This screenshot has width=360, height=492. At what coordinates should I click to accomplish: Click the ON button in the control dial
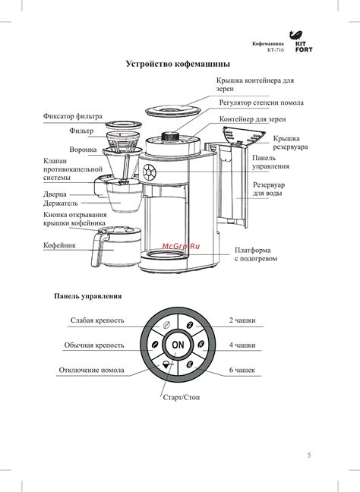coord(178,345)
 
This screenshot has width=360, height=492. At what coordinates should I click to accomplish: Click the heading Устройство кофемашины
coord(178,64)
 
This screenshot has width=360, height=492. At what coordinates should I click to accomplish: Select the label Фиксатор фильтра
coord(73,116)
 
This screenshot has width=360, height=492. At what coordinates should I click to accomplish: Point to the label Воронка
coord(83,150)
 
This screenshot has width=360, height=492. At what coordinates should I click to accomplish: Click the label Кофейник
coord(59,245)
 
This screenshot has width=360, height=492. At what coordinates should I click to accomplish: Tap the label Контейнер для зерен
coord(252,119)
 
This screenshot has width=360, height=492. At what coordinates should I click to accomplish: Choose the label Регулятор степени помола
coord(261,102)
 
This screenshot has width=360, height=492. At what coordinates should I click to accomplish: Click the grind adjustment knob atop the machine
coord(170,137)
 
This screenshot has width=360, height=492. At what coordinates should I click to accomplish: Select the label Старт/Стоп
coord(181,397)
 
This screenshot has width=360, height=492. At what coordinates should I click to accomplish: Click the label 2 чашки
coord(242,320)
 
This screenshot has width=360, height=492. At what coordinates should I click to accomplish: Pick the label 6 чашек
coord(242,370)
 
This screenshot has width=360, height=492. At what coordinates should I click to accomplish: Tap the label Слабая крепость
coord(97,320)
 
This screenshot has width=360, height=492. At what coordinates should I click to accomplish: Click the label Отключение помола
coord(92,370)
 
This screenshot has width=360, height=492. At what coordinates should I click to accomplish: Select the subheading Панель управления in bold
coord(88,296)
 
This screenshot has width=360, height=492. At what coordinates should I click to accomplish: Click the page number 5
coord(309,455)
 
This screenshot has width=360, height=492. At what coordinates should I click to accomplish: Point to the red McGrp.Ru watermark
coord(181,246)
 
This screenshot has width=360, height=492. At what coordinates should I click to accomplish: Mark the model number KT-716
coord(276,50)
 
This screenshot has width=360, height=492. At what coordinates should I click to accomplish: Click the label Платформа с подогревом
coord(256,254)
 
